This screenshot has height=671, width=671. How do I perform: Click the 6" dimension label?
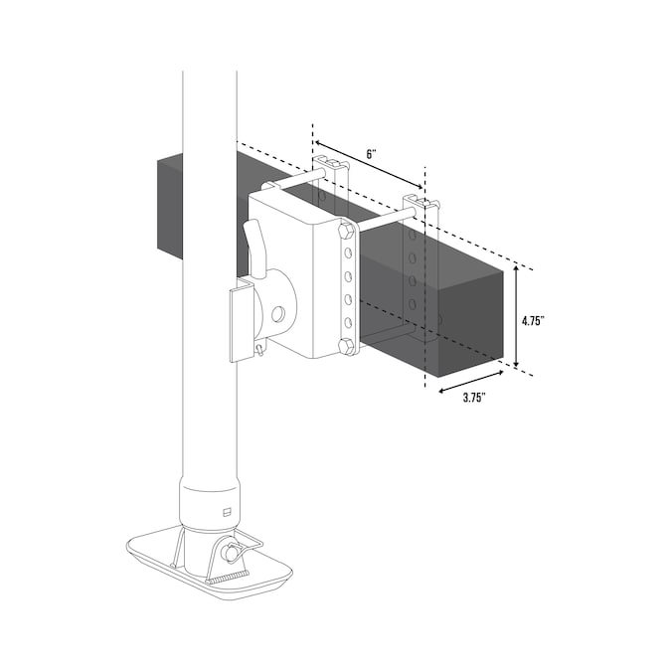(370, 154)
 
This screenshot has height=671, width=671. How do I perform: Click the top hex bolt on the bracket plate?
(346, 232)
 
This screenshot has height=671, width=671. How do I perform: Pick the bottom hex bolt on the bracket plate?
(346, 346)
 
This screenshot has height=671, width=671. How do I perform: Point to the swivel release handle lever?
(256, 249)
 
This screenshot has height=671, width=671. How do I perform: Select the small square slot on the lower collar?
(225, 512)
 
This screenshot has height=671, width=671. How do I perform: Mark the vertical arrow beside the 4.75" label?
(516, 316)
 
